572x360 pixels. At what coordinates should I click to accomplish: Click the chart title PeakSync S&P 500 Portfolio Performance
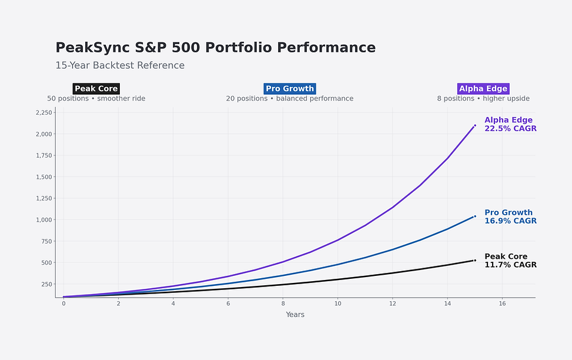tap(215, 48)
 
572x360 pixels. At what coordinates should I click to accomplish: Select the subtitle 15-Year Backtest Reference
tap(120, 65)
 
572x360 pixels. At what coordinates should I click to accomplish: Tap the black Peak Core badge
tap(96, 89)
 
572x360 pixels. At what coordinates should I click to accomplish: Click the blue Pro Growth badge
tap(290, 89)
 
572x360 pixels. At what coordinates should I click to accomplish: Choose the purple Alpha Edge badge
tap(483, 89)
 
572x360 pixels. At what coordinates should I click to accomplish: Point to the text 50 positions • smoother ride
tap(96, 99)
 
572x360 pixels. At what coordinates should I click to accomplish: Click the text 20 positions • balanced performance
tap(290, 99)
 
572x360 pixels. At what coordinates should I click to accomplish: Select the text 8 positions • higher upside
tap(483, 99)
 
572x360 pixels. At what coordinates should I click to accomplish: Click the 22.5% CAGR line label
tap(510, 128)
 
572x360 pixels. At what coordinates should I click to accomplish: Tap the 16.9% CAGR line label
tap(510, 221)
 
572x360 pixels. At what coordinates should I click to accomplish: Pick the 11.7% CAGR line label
tap(510, 265)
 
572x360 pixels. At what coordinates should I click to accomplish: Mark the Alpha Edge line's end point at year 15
tap(474, 125)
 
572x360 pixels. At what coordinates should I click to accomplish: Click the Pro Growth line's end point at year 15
tap(474, 216)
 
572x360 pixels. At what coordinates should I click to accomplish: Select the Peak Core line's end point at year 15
tap(474, 260)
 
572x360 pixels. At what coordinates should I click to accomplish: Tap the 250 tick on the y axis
tap(45, 284)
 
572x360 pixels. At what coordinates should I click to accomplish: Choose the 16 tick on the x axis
tap(502, 304)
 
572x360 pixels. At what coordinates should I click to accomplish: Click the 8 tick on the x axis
tap(283, 304)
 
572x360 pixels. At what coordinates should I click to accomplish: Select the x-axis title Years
tap(295, 315)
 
